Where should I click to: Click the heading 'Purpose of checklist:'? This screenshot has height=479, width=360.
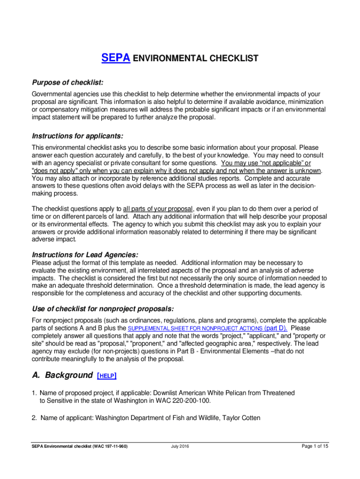pyautogui.click(x=67, y=82)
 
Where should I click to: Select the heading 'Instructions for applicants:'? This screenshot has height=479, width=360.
pyautogui.click(x=77, y=136)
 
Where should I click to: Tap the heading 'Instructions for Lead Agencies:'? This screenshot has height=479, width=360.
pyautogui.click(x=85, y=255)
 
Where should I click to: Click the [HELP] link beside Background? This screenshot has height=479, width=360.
pyautogui.click(x=107, y=376)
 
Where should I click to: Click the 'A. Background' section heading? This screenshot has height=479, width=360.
pyautogui.click(x=62, y=375)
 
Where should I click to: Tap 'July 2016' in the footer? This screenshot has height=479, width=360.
pyautogui.click(x=180, y=446)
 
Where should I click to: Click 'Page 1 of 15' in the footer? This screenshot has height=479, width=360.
pyautogui.click(x=315, y=446)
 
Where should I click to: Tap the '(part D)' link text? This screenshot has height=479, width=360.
pyautogui.click(x=276, y=328)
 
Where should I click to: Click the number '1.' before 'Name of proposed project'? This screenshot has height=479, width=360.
pyautogui.click(x=35, y=393)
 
